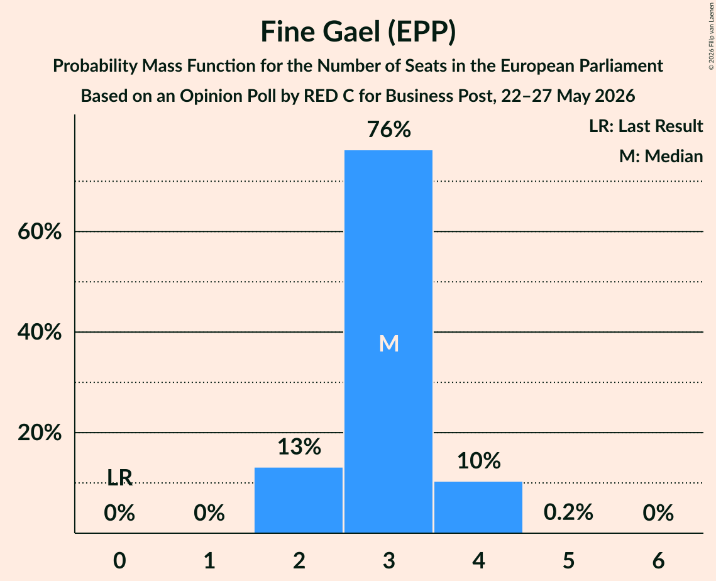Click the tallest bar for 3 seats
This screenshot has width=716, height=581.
pos(388,341)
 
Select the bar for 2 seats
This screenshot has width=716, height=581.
pos(299,500)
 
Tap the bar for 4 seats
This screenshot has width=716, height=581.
pos(478,507)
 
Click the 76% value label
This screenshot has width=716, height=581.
pos(389,130)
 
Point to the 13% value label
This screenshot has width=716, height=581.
pos(299,446)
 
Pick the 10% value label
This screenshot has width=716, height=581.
pos(479,461)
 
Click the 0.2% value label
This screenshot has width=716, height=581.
pos(568,512)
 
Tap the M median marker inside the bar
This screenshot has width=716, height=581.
pos(389,343)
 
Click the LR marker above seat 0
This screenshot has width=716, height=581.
pos(119,478)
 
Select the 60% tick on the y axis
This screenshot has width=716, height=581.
pos(40,231)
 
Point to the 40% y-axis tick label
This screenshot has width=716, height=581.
pos(40,332)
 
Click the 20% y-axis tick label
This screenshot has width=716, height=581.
pos(40,433)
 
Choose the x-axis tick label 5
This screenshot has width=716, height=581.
pos(568,560)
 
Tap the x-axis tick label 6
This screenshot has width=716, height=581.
pos(658,560)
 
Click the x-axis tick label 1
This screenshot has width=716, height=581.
pos(209,560)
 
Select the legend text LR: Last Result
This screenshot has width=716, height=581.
pos(646,126)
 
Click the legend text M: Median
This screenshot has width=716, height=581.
pos(661,156)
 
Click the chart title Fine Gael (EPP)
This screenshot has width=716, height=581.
pos(358,32)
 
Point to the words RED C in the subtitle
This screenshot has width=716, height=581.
pos(329,96)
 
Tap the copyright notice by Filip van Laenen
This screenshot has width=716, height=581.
pos(711,36)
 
